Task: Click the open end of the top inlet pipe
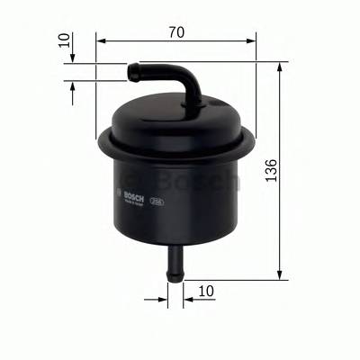pyautogui.click(x=130, y=67)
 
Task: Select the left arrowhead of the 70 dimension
pyautogui.click(x=100, y=40)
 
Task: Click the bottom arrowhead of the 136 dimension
pyautogui.click(x=282, y=273)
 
